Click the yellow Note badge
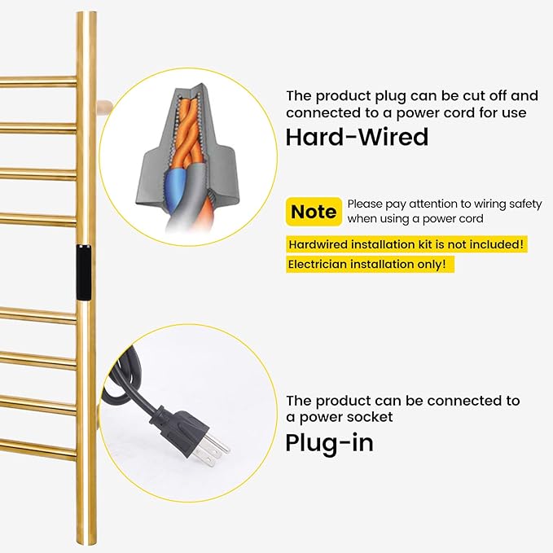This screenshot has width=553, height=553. (314, 212)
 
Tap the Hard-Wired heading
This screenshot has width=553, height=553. (357, 137)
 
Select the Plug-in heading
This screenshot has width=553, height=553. (329, 443)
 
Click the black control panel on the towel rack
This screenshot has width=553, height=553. (83, 272)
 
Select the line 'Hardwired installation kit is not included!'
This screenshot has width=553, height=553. (406, 244)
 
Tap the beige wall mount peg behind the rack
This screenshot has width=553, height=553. (104, 105)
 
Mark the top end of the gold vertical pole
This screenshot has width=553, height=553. (87, 13)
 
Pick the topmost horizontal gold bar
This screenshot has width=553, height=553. (38, 81)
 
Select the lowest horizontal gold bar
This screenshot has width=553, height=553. (38, 448)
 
